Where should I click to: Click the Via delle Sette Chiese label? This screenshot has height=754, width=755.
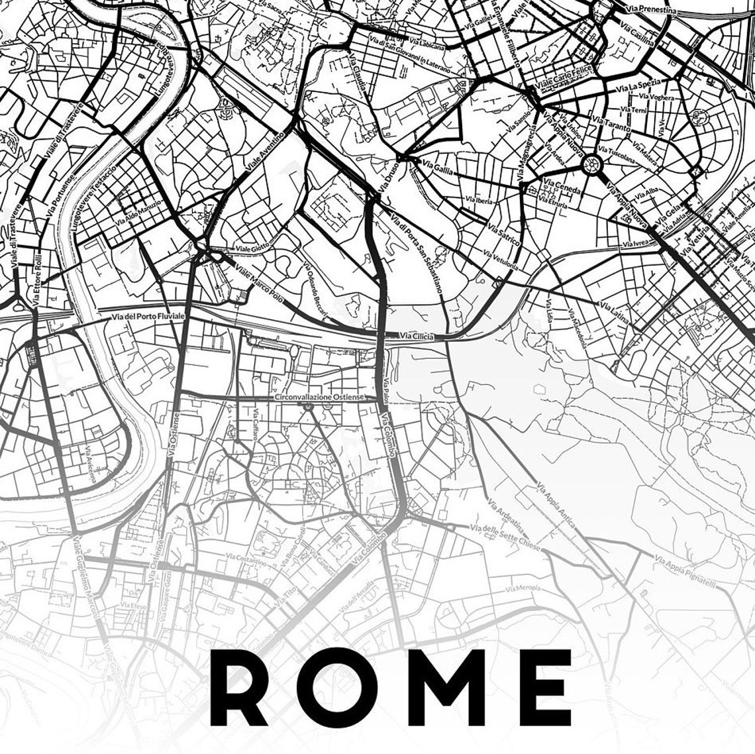tap(505, 538)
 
